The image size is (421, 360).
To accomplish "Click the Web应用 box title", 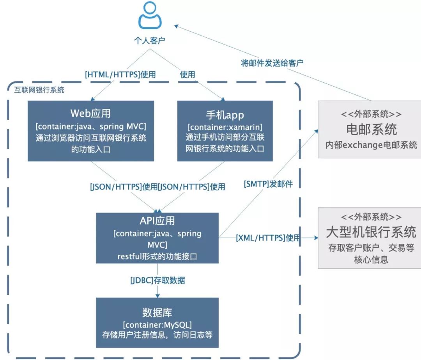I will tap(90, 113).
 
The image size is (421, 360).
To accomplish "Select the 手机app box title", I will tap(225, 115).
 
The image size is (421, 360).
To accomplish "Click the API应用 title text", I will tap(157, 220).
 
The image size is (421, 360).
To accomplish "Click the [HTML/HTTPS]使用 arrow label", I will tap(120, 74).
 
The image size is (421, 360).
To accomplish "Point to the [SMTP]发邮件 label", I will tap(268, 184).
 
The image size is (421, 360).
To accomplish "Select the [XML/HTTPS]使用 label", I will tap(268, 238).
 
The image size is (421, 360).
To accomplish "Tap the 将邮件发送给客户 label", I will tap(272, 63).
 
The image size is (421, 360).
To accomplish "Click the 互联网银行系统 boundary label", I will tap(37, 90).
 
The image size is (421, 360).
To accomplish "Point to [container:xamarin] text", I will tap(225, 127).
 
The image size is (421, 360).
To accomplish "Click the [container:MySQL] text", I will tap(157, 325).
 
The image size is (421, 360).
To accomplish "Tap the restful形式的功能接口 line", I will tap(157, 256).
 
